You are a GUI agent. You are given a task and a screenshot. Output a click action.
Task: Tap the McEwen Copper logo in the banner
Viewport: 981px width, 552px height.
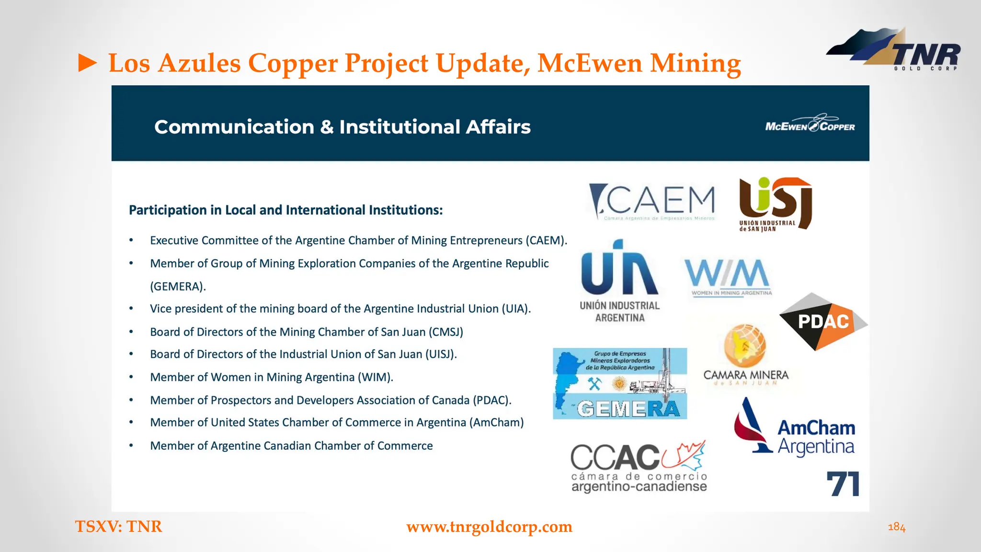(810, 124)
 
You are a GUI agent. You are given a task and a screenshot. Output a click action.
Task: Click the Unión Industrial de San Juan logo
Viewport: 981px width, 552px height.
(775, 204)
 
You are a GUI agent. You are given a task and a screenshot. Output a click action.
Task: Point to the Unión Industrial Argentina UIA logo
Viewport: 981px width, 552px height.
(620, 281)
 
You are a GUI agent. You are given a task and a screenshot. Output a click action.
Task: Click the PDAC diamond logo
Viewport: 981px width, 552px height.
(823, 322)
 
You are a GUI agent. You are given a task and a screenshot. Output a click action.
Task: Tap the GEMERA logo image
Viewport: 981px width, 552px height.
(620, 383)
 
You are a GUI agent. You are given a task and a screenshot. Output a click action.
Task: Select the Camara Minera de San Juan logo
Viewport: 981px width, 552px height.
(745, 355)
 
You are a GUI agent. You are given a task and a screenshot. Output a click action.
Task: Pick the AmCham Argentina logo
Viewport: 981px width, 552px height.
(795, 427)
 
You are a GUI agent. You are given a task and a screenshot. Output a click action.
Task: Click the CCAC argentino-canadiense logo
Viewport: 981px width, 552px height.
(639, 467)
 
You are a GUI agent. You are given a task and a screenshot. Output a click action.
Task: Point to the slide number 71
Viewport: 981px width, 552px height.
(843, 484)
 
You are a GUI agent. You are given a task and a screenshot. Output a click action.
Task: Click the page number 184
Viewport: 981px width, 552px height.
(896, 528)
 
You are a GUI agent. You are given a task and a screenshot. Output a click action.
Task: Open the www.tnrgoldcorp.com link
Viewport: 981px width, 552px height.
(489, 527)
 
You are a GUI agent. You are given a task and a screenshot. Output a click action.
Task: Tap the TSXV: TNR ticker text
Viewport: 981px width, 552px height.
(118, 527)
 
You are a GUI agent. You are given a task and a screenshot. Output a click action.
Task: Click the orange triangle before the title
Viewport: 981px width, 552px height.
(88, 63)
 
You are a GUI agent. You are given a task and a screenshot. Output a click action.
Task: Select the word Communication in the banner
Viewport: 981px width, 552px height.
(234, 127)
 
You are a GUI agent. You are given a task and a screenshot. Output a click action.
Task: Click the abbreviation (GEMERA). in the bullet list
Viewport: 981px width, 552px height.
(178, 287)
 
